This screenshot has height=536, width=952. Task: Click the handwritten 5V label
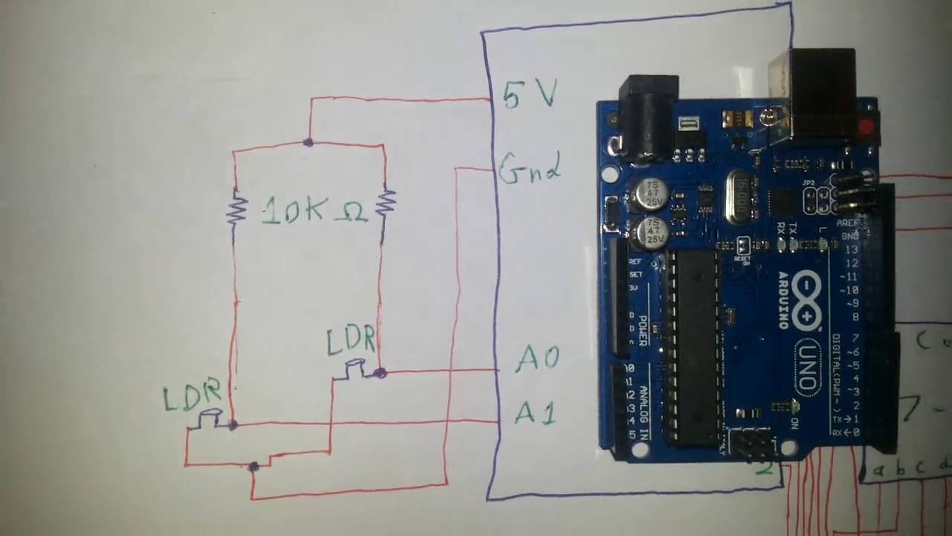pyautogui.click(x=529, y=94)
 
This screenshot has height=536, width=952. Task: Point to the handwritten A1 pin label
pyautogui.click(x=535, y=412)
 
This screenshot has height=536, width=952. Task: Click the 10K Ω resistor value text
pyautogui.click(x=314, y=211)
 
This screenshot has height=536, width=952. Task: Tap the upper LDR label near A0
pyautogui.click(x=350, y=340)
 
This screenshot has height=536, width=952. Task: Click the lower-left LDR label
pyautogui.click(x=191, y=396)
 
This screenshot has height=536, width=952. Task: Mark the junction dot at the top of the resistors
pyautogui.click(x=308, y=141)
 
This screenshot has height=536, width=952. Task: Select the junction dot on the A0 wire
pyautogui.click(x=380, y=372)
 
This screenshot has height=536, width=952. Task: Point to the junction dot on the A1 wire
pyautogui.click(x=233, y=425)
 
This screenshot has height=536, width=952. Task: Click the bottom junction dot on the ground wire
pyautogui.click(x=254, y=467)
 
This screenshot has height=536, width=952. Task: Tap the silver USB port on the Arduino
pyautogui.click(x=811, y=93)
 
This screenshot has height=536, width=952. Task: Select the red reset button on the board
pyautogui.click(x=866, y=127)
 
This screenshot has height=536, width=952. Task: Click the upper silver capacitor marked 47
pyautogui.click(x=652, y=194)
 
